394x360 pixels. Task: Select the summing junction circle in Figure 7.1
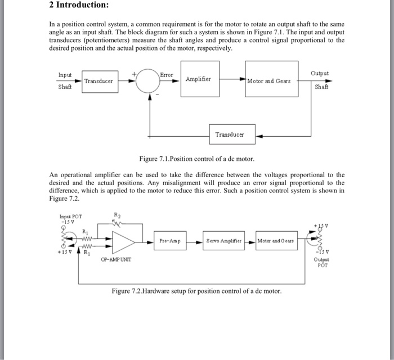click(149, 81)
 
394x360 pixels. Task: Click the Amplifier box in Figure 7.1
click(198, 79)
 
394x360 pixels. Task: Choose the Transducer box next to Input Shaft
click(98, 81)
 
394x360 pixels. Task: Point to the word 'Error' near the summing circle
click(167, 74)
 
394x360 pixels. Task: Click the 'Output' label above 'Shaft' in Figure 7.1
click(319, 74)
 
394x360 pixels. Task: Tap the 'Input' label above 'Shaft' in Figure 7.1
click(65, 75)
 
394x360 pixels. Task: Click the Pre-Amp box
click(170, 241)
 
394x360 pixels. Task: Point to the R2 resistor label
click(117, 214)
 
